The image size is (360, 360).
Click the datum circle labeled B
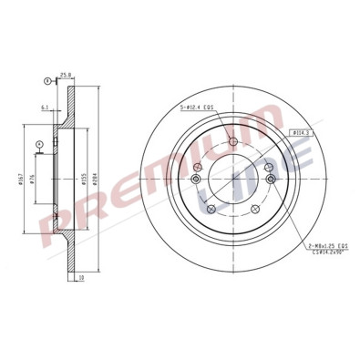point(45,82)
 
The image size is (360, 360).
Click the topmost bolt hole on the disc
point(233,142)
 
